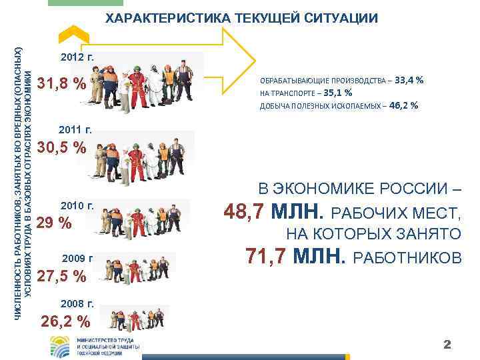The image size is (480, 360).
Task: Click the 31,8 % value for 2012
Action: (61, 84)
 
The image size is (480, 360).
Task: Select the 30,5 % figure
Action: (61, 147)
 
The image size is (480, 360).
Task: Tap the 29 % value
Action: (54, 223)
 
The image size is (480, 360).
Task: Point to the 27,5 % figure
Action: (61, 275)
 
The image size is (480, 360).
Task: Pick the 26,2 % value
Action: (65, 321)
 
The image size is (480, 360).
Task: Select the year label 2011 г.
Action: (75, 129)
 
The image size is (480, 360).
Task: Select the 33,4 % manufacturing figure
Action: (409, 80)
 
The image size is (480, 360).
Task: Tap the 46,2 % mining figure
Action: (403, 105)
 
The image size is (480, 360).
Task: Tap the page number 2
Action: (448, 345)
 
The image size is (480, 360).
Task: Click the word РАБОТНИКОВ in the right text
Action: (406, 257)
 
